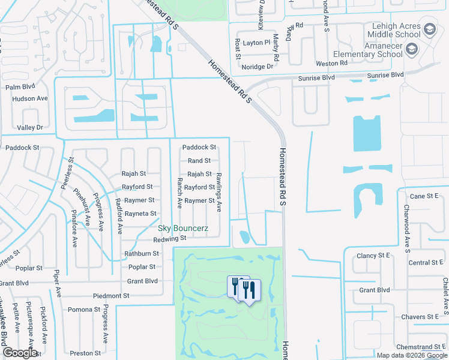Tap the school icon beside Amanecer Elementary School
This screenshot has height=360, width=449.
click(411, 49)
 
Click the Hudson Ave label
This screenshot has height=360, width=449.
click(29, 98)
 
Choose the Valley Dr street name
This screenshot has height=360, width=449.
click(30, 127)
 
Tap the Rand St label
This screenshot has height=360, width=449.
click(199, 161)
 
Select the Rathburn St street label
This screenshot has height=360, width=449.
click(140, 254)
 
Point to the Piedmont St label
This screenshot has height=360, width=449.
click(111, 296)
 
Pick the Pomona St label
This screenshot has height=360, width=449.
click(83, 310)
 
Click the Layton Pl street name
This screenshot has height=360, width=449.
click(257, 43)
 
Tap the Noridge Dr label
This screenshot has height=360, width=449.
click(257, 67)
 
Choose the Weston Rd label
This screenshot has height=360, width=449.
click(331, 63)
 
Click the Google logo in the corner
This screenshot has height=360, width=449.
click(20, 353)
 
